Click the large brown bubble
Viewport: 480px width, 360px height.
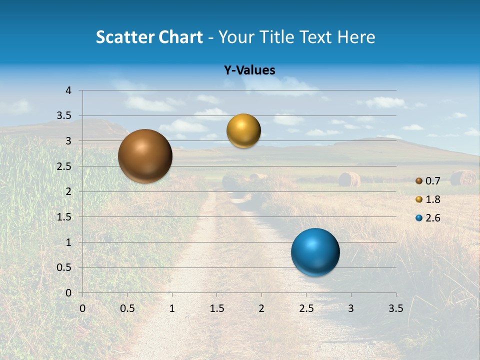pyautogui.click(x=145, y=156)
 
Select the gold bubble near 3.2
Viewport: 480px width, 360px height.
pyautogui.click(x=243, y=131)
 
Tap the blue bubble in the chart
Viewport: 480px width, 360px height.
pyautogui.click(x=315, y=252)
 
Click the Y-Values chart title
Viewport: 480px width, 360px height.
pyautogui.click(x=249, y=70)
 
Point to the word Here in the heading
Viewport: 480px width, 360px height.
pyautogui.click(x=356, y=37)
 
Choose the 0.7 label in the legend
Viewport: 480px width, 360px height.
pyautogui.click(x=432, y=181)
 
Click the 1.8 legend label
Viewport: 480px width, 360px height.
pyautogui.click(x=432, y=199)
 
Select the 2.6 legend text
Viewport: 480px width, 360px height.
pyautogui.click(x=432, y=218)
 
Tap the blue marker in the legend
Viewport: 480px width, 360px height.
pyautogui.click(x=419, y=218)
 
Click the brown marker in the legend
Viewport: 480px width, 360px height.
pyautogui.click(x=419, y=181)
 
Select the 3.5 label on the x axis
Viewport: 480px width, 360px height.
pyautogui.click(x=395, y=308)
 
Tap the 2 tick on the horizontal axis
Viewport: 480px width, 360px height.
pyautogui.click(x=261, y=308)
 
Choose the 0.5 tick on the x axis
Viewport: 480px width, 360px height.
pyautogui.click(x=127, y=308)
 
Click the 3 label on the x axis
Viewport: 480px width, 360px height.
pyautogui.click(x=351, y=308)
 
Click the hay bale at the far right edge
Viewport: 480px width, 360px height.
pyautogui.click(x=463, y=178)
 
